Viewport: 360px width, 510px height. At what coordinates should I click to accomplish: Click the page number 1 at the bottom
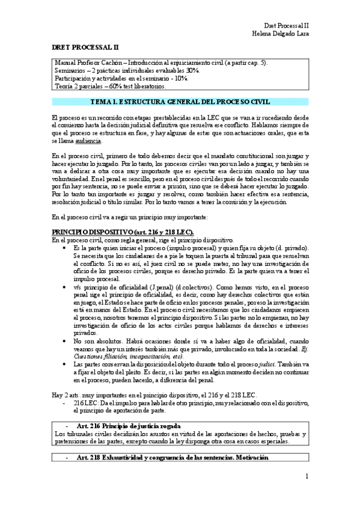pos(307,477)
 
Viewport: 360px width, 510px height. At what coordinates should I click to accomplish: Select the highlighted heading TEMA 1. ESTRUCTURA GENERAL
pos(180,102)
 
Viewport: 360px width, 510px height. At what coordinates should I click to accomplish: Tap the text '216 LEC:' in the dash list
pos(85,402)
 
